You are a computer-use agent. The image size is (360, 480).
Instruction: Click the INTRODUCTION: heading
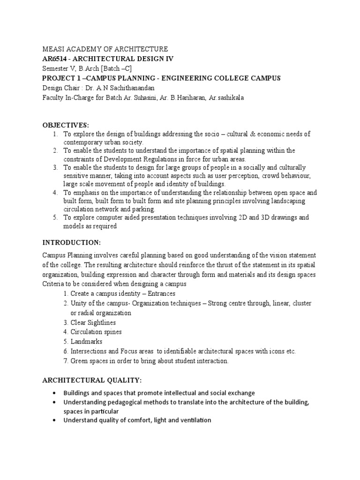pos(72,242)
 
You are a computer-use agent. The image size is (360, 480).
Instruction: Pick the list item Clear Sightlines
pos(93,322)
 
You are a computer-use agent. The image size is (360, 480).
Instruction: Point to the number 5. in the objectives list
pos(55,218)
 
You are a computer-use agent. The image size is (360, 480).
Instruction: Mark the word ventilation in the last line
pos(193,420)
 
